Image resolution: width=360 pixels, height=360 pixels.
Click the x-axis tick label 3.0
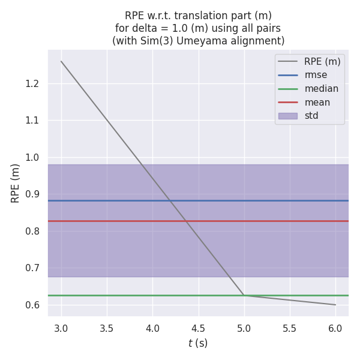click(x=61, y=329)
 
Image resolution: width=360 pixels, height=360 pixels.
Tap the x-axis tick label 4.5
click(x=198, y=329)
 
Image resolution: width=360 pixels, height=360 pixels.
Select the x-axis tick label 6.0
click(x=335, y=329)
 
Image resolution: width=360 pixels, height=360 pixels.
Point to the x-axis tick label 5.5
click(x=290, y=329)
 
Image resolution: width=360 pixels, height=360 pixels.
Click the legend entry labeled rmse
click(x=316, y=75)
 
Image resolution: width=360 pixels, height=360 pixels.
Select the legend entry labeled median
click(x=321, y=89)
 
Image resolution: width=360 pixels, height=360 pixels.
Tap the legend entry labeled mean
click(x=317, y=102)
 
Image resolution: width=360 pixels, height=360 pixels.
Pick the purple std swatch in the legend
click(x=288, y=116)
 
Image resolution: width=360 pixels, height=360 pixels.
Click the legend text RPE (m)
click(x=322, y=61)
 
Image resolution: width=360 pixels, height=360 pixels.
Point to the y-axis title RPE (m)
click(x=16, y=183)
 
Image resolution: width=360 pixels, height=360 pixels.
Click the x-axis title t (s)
click(x=198, y=344)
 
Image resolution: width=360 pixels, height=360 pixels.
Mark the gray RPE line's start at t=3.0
click(x=61, y=61)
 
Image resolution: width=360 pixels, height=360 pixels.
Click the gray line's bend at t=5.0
click(x=244, y=295)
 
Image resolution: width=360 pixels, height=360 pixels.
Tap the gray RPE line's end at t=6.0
click(x=335, y=305)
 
